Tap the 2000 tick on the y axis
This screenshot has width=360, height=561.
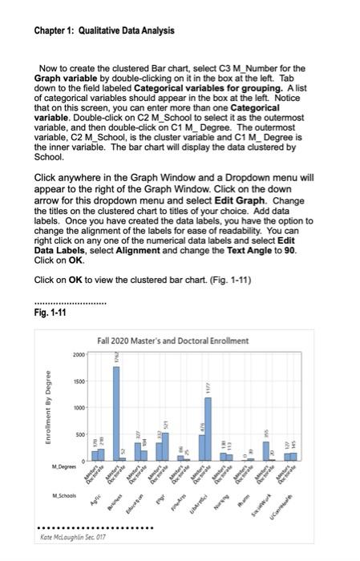tap(76, 353)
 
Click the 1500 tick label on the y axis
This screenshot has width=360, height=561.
tap(76, 381)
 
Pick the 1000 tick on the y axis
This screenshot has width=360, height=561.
tap(76, 408)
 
